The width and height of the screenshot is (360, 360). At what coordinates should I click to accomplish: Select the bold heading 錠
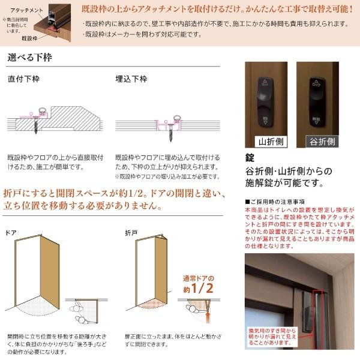[x=251, y=158]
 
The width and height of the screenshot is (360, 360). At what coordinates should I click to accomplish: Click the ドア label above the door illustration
[x=11, y=232]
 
